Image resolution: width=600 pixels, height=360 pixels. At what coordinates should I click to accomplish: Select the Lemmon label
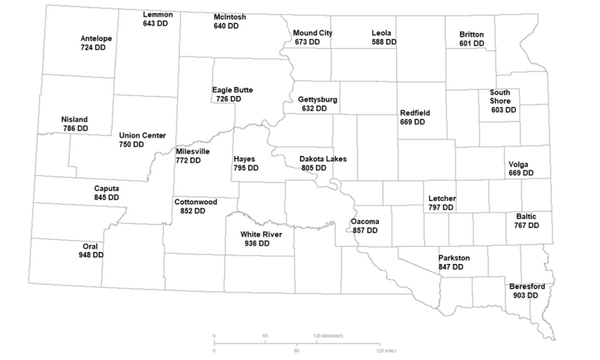pos(157,15)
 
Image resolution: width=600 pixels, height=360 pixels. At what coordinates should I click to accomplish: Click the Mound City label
pos(313,33)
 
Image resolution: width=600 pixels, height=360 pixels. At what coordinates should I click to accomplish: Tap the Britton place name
pos(472,34)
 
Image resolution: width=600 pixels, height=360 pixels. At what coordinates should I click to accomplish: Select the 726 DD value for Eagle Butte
pos(228,99)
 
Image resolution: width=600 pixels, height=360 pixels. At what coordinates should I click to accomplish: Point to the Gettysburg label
pos(317,99)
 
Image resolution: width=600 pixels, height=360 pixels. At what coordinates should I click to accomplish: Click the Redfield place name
pos(415,112)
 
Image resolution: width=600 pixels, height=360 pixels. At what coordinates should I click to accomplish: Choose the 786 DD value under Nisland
pos(74,129)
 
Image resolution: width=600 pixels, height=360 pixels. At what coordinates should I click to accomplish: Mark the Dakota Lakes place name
pos(322,159)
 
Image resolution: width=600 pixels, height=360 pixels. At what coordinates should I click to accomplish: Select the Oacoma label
pos(365,221)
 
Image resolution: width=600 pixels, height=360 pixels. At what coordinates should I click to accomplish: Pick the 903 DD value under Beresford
pos(523,295)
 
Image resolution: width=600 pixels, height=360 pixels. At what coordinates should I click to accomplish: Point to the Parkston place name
pos(454,257)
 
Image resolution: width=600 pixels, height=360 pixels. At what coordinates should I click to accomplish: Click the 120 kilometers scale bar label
pos(328,335)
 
